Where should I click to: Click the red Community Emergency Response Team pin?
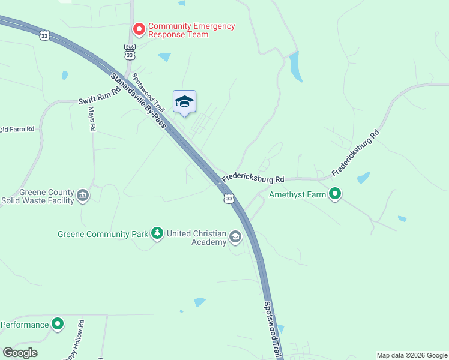tap(139, 29)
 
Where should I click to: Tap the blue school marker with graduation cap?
tap(184, 102)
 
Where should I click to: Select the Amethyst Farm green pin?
tap(335, 194)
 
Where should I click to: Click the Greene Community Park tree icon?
tap(157, 233)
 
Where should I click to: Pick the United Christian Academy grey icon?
tap(235, 238)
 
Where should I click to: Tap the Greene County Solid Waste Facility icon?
tap(83, 196)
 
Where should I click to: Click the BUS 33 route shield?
tap(130, 52)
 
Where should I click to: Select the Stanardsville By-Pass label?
tap(138, 101)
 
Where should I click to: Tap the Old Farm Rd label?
tap(17, 129)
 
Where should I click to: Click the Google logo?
tap(20, 353)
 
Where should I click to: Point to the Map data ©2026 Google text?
tap(411, 355)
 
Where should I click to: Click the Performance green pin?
tap(58, 325)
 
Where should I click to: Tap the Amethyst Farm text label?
tap(297, 194)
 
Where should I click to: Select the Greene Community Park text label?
tap(103, 234)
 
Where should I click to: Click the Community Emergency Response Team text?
tap(191, 30)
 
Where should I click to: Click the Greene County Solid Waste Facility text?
tap(38, 196)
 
